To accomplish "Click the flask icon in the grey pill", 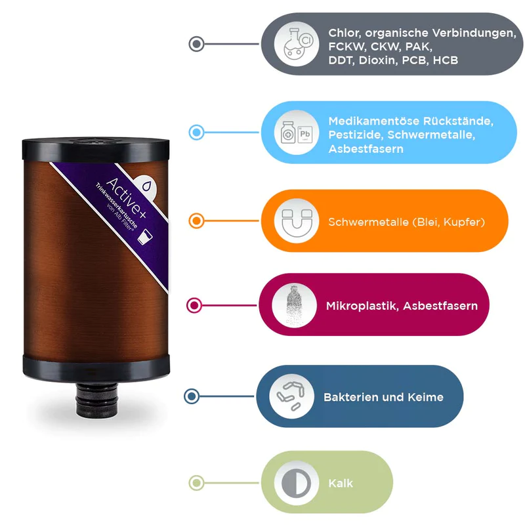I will point(297,44).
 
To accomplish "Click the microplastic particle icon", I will point(294,305).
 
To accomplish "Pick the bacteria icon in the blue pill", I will point(289,396).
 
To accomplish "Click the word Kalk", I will point(341,483).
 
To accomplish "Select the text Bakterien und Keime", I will point(383,397).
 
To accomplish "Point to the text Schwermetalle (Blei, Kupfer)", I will point(406,222).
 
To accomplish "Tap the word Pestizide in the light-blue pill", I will point(356,135).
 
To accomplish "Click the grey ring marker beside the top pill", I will point(196,44).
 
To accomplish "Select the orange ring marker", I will point(196,221).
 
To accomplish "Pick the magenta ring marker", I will point(194,305).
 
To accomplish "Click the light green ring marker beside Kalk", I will point(195,483).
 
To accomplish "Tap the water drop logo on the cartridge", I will point(146,185).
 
